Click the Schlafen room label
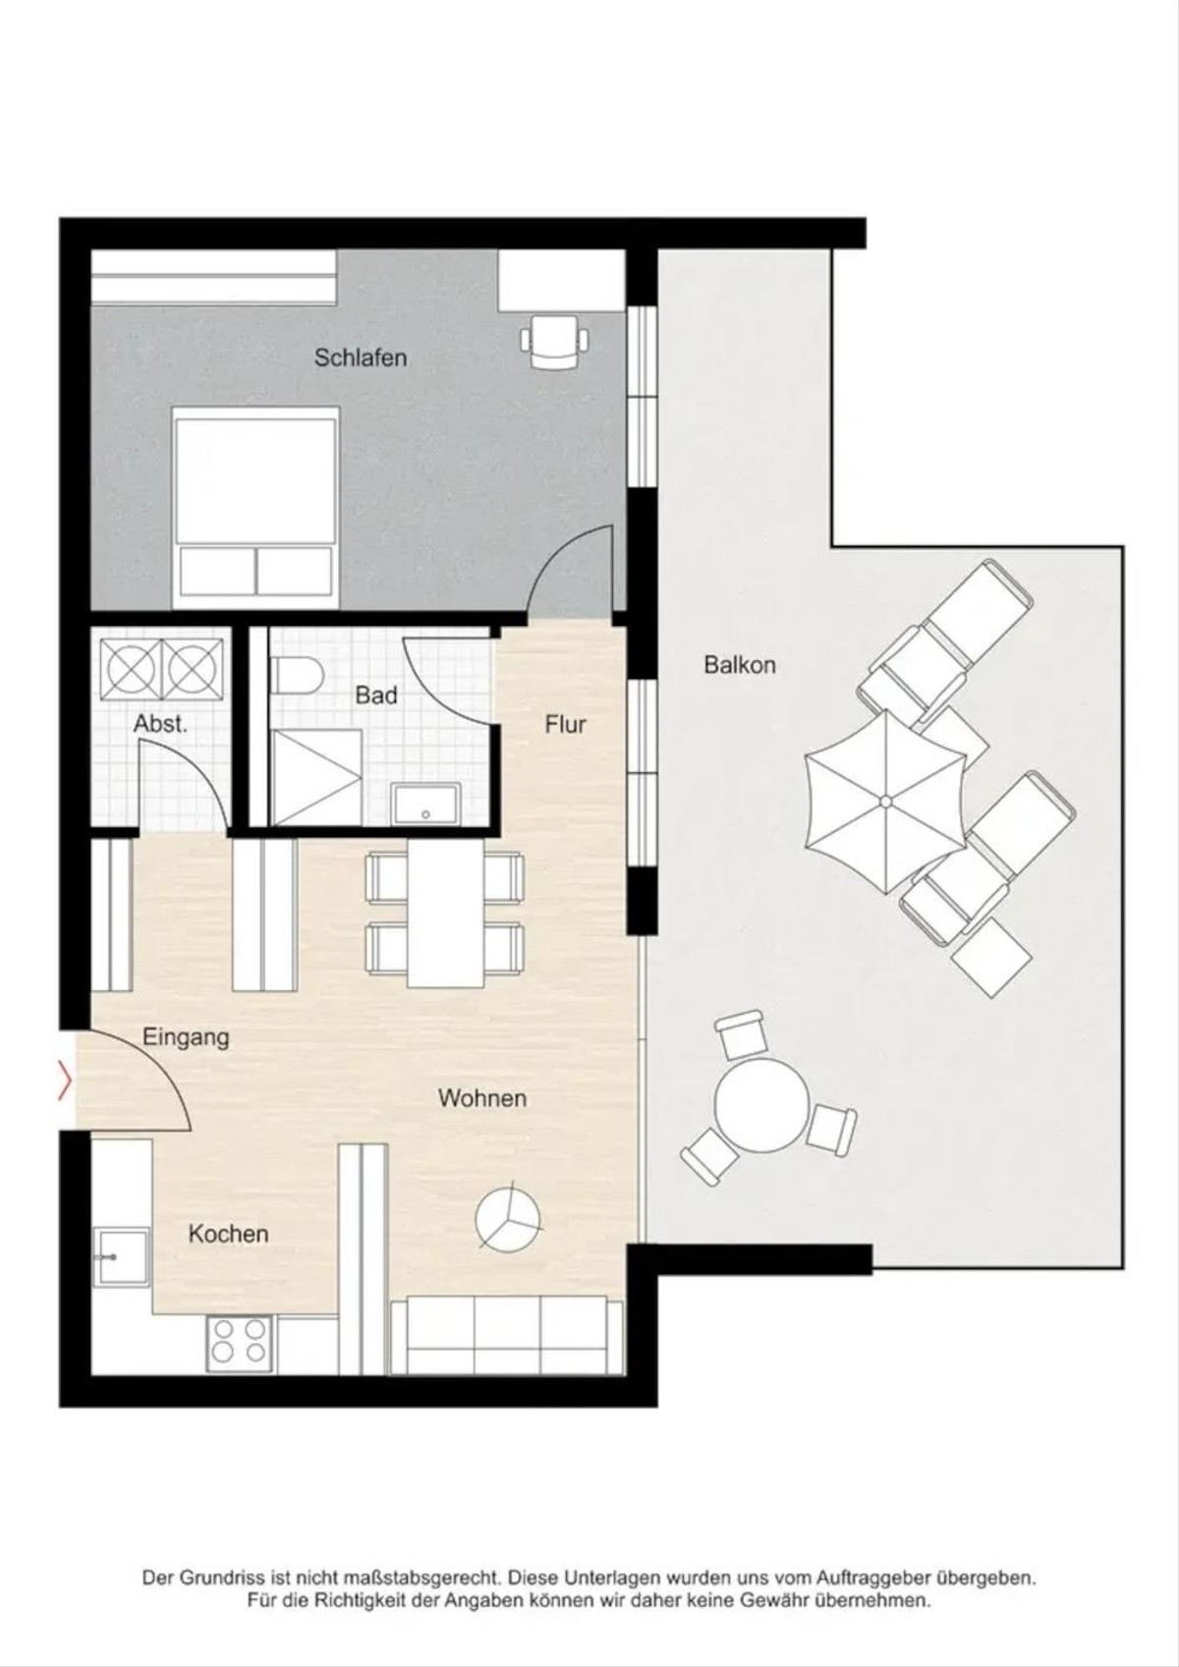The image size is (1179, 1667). [x=361, y=358]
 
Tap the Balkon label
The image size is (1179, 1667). [x=740, y=665]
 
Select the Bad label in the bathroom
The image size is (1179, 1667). [x=376, y=695]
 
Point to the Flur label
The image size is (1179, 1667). [x=566, y=724]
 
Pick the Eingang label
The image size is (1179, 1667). [x=186, y=1038]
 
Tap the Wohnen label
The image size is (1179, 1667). [x=482, y=1097]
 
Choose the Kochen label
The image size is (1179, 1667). [x=229, y=1234]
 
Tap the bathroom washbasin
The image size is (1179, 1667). [x=425, y=804]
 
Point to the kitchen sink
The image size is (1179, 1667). [x=121, y=1257]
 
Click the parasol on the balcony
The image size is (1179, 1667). [x=886, y=802]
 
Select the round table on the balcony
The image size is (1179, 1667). [x=761, y=1104]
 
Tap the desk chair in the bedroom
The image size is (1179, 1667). [x=554, y=339]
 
